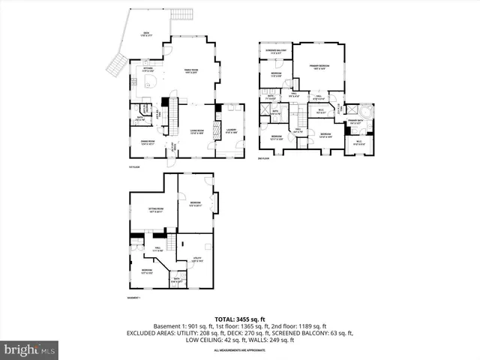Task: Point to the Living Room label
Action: point(197,131)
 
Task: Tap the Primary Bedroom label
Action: point(320,67)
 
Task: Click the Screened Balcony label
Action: point(274,52)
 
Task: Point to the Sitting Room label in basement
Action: point(156,211)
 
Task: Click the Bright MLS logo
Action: point(29,349)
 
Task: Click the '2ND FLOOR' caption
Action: point(263,159)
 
